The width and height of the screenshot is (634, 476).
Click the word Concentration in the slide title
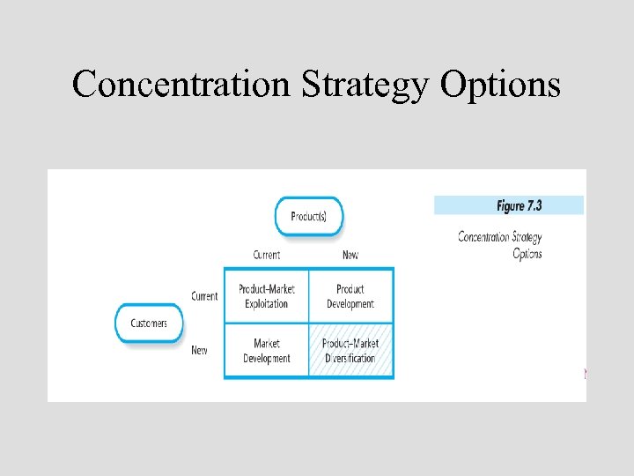coord(182,85)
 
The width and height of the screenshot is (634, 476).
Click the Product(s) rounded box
coord(309,216)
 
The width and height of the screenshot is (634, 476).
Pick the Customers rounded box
coord(149,324)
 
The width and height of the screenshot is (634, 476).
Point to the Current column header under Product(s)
coord(266,255)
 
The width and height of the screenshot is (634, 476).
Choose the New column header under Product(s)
coord(350,255)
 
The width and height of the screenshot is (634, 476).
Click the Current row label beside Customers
coord(204,296)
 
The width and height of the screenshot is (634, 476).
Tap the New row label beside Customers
coord(200,351)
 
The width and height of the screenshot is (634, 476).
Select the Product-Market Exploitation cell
coord(266,296)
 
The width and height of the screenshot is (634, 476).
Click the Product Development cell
coord(350,296)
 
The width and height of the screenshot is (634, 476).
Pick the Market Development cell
coord(266,351)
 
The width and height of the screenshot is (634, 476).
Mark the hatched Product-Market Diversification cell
coord(350,351)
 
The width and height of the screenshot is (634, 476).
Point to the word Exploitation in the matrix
coord(266,304)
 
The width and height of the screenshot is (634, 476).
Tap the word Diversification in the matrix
coord(350,359)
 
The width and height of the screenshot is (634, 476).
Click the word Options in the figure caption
coord(527,254)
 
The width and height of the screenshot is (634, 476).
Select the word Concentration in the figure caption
coord(483,237)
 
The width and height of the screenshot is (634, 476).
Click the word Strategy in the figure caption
coord(527,237)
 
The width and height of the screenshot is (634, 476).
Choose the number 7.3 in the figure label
coord(534,205)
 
